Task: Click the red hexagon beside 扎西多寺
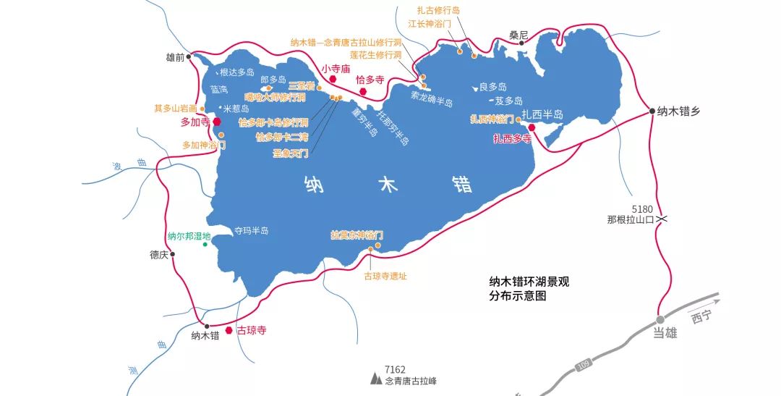coord(532,127)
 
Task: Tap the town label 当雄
coord(665,332)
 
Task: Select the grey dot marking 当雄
coord(660,319)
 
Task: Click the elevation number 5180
coord(641,208)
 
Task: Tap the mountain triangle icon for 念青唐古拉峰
coord(375,378)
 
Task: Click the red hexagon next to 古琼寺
coord(229,330)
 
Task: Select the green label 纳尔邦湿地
coord(189,236)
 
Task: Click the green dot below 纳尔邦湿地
coord(205,245)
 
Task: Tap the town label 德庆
coord(158,255)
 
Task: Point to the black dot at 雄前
coord(189,56)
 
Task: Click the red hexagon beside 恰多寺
coord(363,91)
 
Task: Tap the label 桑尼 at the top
coord(518,34)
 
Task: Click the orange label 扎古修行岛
coord(438,10)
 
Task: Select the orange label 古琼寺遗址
coord(385,276)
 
